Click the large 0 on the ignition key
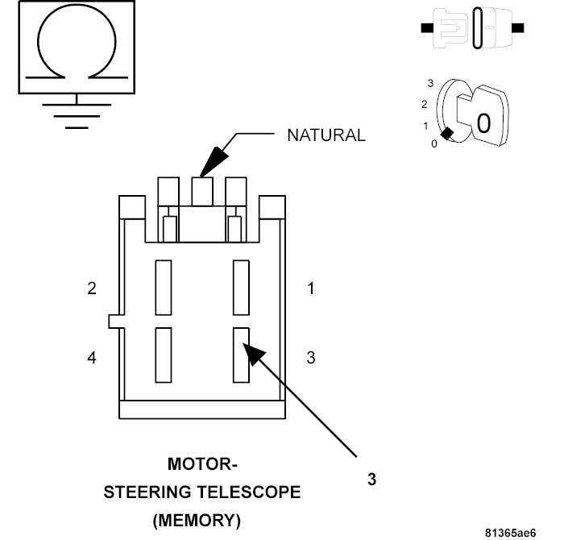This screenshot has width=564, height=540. tap(483, 123)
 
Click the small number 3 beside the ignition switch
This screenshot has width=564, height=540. tap(430, 83)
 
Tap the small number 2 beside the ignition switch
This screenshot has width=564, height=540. tap(424, 104)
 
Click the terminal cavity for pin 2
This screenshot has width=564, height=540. tap(164, 287)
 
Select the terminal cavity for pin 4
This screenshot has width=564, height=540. tap(164, 355)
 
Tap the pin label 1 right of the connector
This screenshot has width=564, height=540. tap(311, 289)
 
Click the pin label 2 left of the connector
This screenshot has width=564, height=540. tap(92, 289)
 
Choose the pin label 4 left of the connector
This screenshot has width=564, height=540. tap(92, 358)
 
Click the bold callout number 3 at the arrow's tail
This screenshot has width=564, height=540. tap(371, 479)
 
